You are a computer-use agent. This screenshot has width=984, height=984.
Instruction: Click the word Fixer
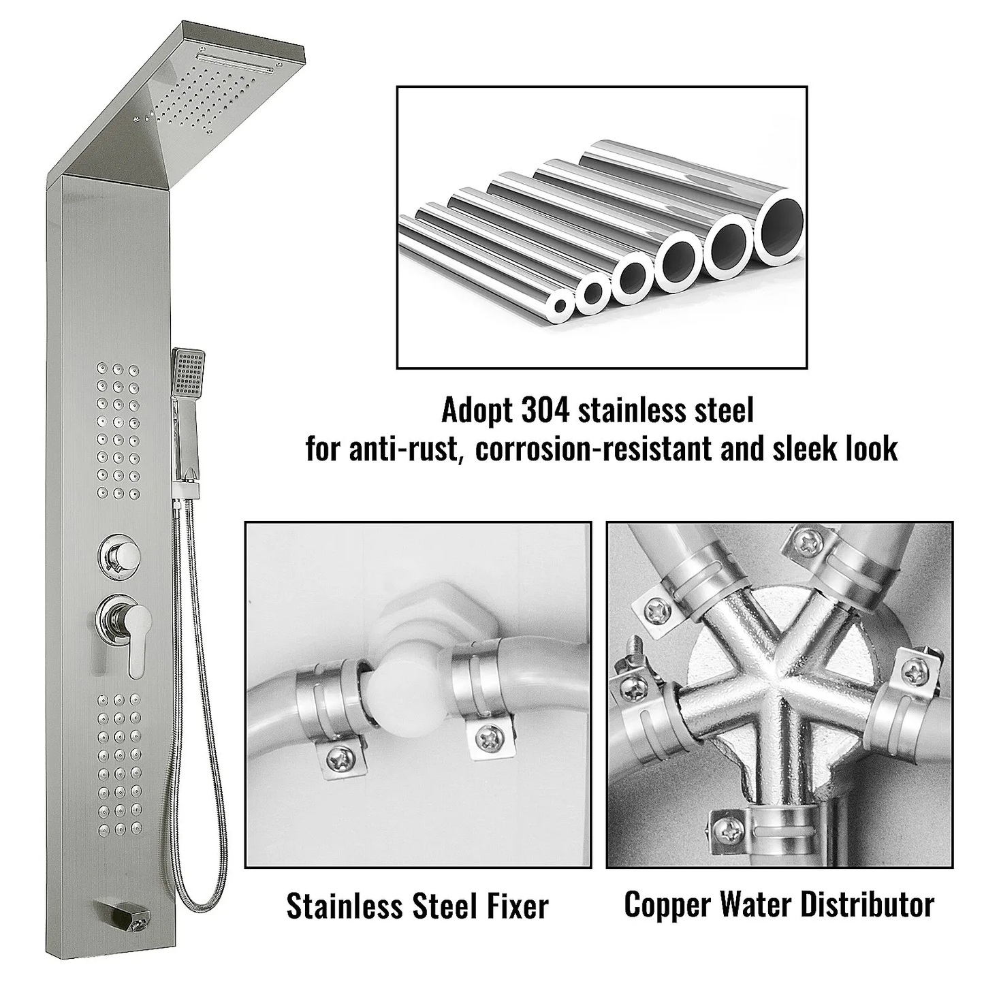tap(511, 906)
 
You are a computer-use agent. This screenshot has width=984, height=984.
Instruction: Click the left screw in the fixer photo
tap(340, 756)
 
